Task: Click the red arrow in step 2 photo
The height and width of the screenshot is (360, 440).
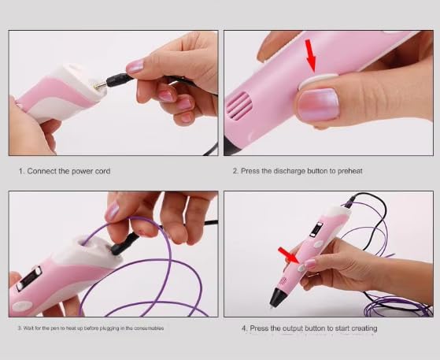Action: click(311, 56)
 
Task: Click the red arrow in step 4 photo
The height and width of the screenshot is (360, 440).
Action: click(288, 255)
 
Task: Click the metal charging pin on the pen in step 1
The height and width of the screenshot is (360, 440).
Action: click(100, 86)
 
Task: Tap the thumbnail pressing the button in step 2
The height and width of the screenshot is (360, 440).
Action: click(318, 105)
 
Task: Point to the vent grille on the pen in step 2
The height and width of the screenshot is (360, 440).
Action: click(238, 106)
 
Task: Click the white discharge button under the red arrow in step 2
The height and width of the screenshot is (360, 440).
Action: click(317, 80)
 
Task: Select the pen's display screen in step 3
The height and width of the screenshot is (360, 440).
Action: click(29, 278)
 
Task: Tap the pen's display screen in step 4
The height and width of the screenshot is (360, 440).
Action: click(316, 229)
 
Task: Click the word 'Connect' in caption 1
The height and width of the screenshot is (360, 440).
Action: click(41, 171)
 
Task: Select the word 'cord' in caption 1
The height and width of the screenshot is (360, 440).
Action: click(102, 171)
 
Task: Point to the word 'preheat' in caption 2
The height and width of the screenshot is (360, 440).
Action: click(350, 171)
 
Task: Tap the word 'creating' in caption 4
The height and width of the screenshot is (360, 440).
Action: click(364, 328)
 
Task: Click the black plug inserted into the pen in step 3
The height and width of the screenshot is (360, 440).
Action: click(125, 243)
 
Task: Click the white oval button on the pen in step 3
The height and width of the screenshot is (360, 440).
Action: click(22, 306)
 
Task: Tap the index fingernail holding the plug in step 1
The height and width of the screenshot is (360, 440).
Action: click(135, 66)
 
